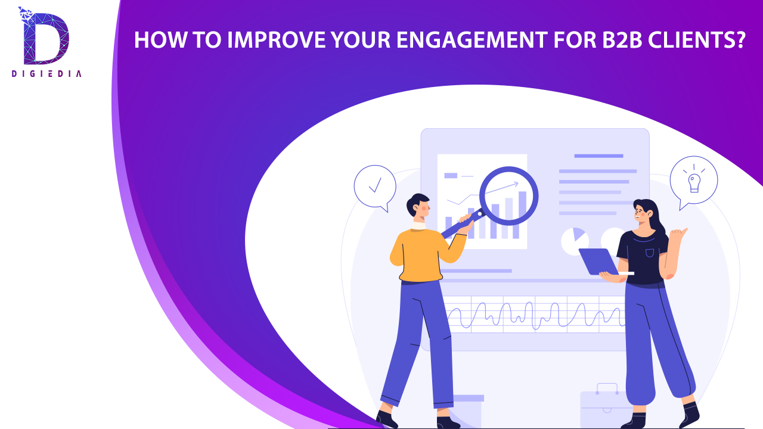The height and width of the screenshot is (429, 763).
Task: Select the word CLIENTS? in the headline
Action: (697, 40)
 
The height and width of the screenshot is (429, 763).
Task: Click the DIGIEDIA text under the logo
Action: (46, 73)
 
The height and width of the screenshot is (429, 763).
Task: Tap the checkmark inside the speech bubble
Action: (375, 185)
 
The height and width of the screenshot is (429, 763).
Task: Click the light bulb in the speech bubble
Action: (694, 183)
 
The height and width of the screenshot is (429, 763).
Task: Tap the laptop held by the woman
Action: (600, 262)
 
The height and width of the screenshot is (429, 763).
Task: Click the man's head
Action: (418, 206)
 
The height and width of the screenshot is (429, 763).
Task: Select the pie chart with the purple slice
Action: (575, 241)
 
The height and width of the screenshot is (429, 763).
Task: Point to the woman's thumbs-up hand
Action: (678, 235)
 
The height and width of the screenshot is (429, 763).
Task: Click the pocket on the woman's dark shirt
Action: (650, 253)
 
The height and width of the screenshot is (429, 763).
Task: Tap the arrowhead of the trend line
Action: (516, 184)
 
